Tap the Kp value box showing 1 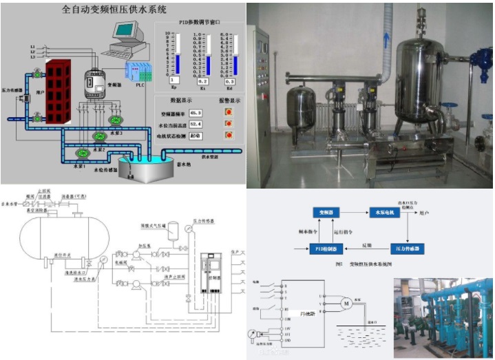pyautogui.click(x=174, y=81)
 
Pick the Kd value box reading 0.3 pyautogui.click(x=229, y=81)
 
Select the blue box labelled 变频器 pyautogui.click(x=322, y=211)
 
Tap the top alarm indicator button pyautogui.click(x=229, y=112)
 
